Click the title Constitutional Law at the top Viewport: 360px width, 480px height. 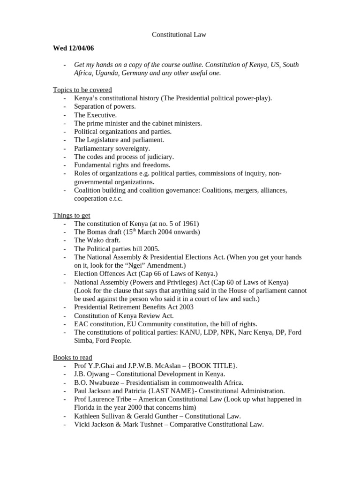(x=180, y=35)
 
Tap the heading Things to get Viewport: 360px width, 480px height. (x=72, y=215)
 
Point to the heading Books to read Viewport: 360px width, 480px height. (x=73, y=357)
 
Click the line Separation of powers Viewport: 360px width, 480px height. (x=105, y=106)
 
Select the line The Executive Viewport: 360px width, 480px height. (x=96, y=115)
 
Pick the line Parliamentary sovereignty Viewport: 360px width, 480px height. (x=112, y=148)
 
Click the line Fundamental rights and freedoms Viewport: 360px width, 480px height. (x=122, y=165)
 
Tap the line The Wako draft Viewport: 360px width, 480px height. (x=97, y=240)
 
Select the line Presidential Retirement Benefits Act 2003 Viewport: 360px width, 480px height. (x=134, y=307)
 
